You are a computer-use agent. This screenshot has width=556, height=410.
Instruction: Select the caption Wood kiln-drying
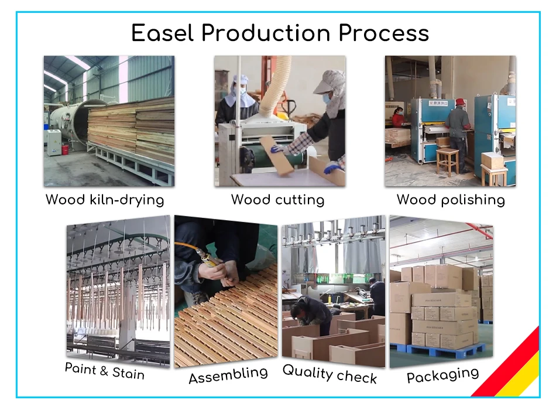click(105, 200)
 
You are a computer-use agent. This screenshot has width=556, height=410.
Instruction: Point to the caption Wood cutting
click(277, 200)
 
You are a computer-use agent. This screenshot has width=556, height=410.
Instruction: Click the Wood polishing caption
click(450, 200)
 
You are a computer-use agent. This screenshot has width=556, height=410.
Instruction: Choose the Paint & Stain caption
click(104, 371)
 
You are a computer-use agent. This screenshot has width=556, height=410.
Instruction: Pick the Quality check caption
click(330, 374)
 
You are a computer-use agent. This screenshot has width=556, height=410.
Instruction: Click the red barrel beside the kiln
click(66, 150)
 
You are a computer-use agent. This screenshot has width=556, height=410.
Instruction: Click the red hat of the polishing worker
click(460, 101)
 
